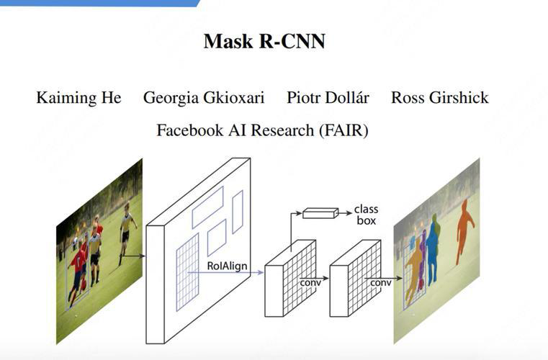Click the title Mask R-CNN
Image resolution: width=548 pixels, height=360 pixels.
[x=264, y=41]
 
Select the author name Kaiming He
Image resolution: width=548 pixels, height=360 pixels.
[x=78, y=98]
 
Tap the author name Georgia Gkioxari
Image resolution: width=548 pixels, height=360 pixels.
[x=204, y=98]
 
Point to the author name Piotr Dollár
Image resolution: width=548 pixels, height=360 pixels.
[x=328, y=98]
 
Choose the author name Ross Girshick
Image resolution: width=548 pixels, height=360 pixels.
[x=439, y=98]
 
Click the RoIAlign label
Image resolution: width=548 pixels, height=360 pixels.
[x=227, y=266]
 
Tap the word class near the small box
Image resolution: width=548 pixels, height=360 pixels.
[x=366, y=210]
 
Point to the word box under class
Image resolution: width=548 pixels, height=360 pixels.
[x=366, y=220]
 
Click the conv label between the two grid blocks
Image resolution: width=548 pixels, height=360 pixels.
[x=310, y=282]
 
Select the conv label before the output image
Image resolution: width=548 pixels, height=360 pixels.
[x=380, y=282]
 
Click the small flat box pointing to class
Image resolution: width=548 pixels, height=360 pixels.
[x=320, y=212]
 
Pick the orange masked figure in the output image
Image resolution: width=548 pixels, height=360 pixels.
[x=466, y=230]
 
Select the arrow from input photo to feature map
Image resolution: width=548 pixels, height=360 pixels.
[x=134, y=254]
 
